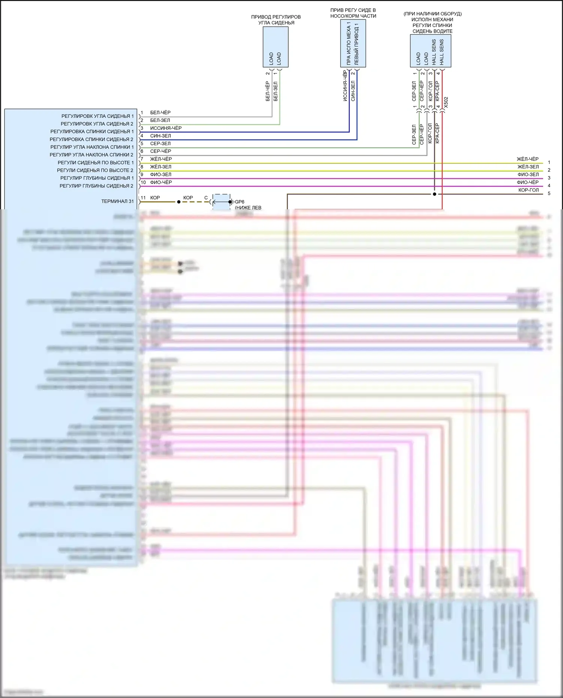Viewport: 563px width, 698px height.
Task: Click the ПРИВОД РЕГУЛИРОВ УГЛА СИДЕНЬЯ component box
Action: coord(275,47)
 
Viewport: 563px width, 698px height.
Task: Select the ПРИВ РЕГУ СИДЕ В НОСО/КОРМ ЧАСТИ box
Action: coord(353,43)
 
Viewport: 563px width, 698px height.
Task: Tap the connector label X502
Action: coord(446,102)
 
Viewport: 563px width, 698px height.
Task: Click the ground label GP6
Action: coord(239,202)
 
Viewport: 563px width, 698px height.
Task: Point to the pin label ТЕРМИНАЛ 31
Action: coord(117,201)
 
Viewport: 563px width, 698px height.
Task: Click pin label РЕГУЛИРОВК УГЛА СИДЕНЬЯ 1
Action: coord(98,116)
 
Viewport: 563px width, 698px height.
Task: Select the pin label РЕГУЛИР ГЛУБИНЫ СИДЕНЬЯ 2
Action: coord(96,186)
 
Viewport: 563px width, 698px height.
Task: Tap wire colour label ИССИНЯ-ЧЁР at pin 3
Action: coord(166,128)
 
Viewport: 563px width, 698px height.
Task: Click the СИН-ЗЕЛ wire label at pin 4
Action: coord(161,136)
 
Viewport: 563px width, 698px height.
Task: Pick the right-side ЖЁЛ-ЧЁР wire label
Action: coord(527,159)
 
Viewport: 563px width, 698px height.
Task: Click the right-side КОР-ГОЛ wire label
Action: coord(528,190)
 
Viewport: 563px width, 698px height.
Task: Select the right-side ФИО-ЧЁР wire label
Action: coord(528,182)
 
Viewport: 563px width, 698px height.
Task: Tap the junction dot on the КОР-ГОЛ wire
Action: coord(435,194)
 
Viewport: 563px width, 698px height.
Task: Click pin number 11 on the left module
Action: coord(143,198)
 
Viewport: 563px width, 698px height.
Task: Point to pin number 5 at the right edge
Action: coord(549,194)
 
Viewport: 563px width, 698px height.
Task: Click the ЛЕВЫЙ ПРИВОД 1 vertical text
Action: coord(357,44)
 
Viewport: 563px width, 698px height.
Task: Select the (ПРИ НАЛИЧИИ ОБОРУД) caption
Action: coord(432,14)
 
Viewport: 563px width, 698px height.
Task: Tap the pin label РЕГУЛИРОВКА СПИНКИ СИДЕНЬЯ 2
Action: coord(92,140)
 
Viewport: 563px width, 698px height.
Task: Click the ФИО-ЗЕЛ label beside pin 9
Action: coord(161,175)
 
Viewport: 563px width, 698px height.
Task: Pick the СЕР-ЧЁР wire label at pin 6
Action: coord(161,151)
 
